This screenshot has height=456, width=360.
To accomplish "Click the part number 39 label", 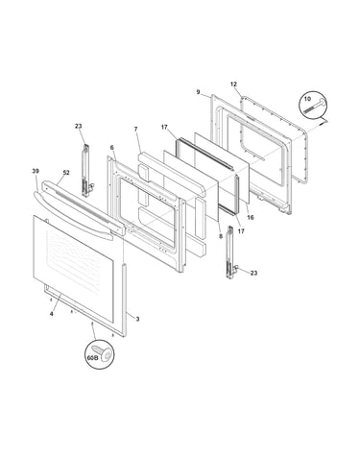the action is [36, 172].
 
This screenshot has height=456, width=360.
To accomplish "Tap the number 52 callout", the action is [66, 173].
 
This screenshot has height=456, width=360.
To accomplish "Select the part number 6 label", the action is [111, 148].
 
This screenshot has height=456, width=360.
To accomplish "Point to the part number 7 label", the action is [135, 130].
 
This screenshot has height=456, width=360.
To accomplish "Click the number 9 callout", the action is [198, 92].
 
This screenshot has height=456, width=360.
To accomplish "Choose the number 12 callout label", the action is [233, 84].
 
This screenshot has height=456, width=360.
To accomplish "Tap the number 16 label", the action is [251, 218].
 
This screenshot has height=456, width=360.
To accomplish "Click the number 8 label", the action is [221, 236].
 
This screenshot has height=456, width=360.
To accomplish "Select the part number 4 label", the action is [51, 314].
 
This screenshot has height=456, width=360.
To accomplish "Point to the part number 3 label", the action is [137, 319].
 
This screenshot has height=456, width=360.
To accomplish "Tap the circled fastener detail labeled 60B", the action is [100, 354].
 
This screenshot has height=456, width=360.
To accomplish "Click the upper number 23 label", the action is [78, 126].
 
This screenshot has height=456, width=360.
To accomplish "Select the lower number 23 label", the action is [253, 273].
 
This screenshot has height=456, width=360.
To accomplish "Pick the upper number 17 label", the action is [164, 128].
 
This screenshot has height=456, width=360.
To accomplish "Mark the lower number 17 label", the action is [241, 231].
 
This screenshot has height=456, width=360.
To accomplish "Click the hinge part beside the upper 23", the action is [86, 171].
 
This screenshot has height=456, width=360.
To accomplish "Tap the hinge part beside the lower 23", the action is [231, 252].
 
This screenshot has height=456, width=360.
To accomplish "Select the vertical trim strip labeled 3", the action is [124, 300].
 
